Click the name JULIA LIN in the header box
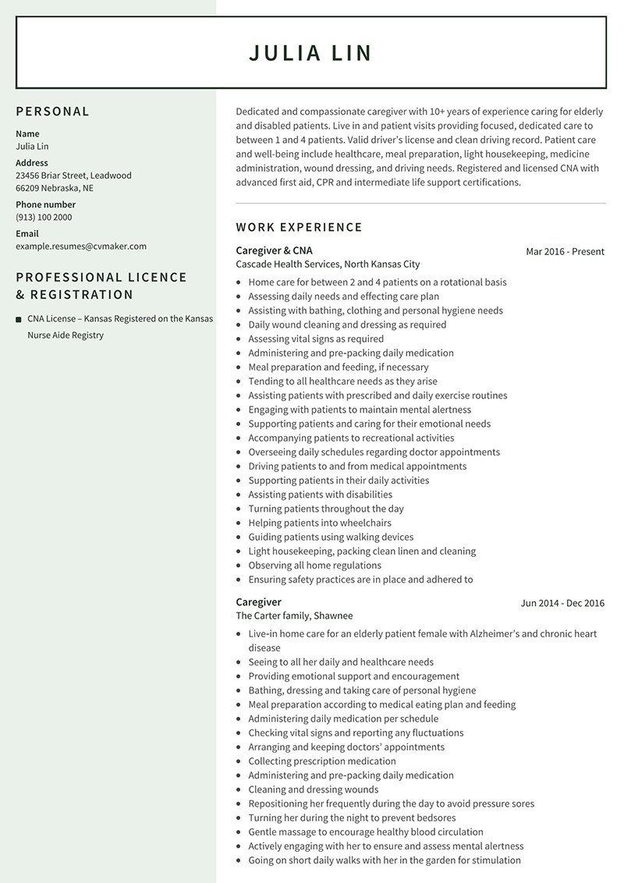coord(310,53)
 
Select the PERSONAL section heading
coord(53,112)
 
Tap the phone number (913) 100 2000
coord(44,218)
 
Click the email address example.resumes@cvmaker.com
coord(81,246)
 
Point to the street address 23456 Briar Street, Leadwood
coord(73,176)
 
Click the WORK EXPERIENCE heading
coord(299,228)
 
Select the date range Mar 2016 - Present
coord(565,251)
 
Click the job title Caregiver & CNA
coord(274,250)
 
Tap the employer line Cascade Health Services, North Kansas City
coord(328,264)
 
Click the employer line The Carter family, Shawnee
coord(294,616)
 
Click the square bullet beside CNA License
coord(19,319)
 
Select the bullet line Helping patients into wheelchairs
coord(320,523)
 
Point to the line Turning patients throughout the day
coord(326,509)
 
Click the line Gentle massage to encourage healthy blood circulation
coord(366,832)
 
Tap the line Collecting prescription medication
coord(322,761)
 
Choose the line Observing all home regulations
coord(314,566)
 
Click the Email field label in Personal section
coord(27,233)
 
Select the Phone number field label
coord(46,204)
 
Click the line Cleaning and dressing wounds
coord(313,789)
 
